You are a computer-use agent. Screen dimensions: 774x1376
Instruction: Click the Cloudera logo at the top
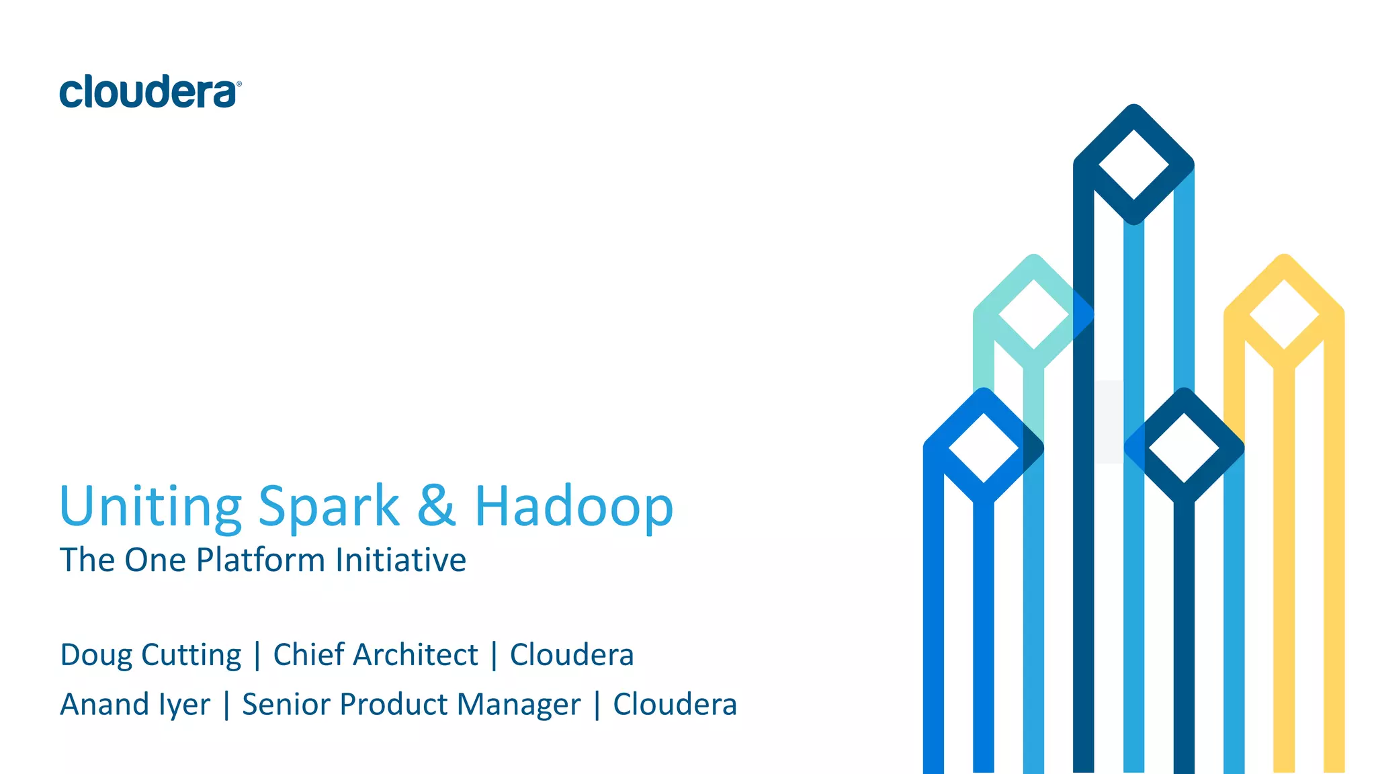150,92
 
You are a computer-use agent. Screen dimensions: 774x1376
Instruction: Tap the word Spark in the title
329,506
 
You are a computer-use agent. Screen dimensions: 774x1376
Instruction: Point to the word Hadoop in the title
574,506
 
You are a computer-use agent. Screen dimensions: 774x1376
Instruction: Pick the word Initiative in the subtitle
401,560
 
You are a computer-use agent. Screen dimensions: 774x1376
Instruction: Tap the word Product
394,705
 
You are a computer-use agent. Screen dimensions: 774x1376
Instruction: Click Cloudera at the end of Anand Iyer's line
675,705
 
